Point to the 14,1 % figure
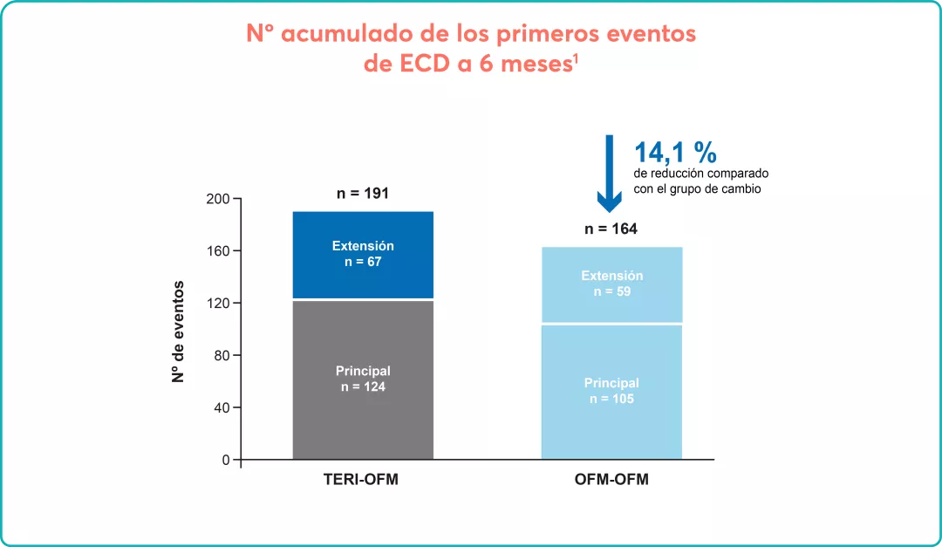point(675,153)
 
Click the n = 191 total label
point(363,194)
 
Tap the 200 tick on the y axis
point(218,199)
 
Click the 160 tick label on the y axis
point(218,251)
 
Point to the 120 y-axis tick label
point(218,304)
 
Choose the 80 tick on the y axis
point(222,356)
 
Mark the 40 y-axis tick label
point(222,407)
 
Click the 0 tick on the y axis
point(225,460)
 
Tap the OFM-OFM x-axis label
point(611,480)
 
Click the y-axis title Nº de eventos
point(178,332)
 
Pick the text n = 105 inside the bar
point(611,399)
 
